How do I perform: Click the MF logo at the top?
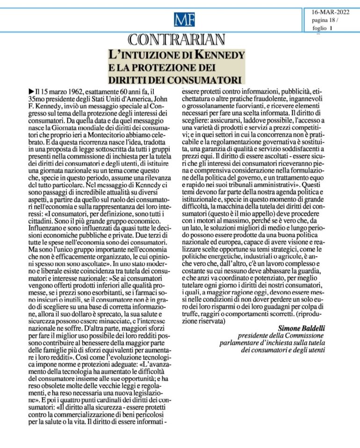pos(184,20)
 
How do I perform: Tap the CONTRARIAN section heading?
pos(177,39)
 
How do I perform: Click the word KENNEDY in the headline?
pos(220,55)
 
